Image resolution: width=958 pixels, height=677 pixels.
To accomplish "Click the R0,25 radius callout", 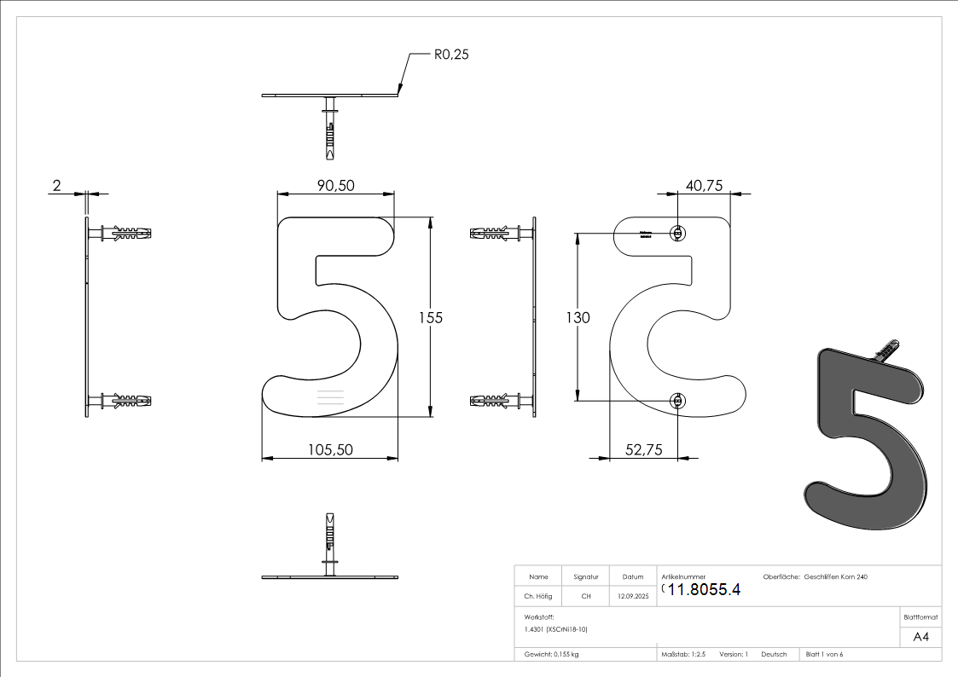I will (x=451, y=55).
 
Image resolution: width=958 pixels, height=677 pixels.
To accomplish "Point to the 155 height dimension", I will (x=431, y=317).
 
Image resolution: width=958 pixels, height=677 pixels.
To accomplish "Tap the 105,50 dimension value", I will (x=330, y=450).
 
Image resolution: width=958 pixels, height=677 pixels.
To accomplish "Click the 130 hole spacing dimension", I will (x=578, y=317).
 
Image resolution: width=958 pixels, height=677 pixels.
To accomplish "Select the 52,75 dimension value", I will (x=643, y=450).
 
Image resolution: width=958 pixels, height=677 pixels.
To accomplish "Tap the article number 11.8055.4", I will (x=704, y=589).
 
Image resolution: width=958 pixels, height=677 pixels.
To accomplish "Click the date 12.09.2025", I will (x=633, y=597).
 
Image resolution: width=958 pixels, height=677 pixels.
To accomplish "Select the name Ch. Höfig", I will (x=538, y=597).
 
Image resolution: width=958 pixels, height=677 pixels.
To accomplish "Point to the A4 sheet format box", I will (x=920, y=637).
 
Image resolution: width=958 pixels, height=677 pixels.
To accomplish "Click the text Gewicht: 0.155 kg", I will (x=552, y=655).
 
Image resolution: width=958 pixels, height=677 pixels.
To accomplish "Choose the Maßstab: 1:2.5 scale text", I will (x=683, y=655).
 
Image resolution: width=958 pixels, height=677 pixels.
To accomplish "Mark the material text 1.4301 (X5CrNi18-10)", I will (x=556, y=629).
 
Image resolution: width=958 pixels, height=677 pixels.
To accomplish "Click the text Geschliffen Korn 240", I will (x=836, y=577).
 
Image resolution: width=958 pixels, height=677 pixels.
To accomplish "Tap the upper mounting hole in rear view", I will (x=677, y=233).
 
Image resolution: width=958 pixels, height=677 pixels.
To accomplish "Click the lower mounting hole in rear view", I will (x=677, y=400).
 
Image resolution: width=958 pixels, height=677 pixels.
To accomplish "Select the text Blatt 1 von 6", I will (x=824, y=655).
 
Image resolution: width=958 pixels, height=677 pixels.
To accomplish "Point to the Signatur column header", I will (x=586, y=577).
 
